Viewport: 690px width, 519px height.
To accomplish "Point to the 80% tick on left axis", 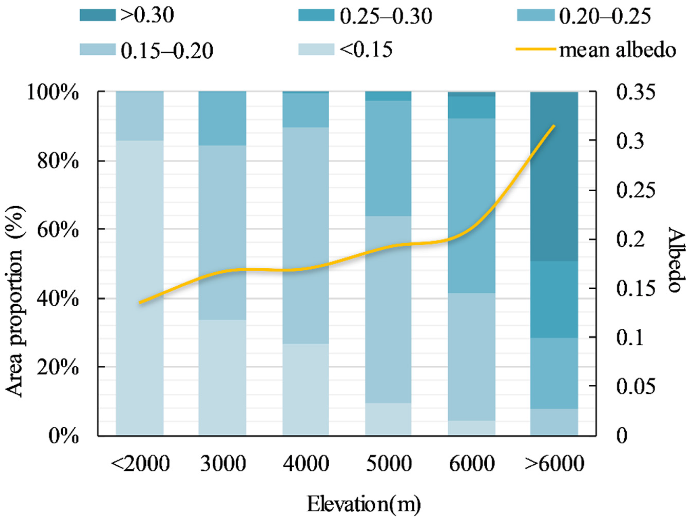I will point(57,162).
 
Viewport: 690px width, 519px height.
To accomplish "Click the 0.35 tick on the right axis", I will point(635,93).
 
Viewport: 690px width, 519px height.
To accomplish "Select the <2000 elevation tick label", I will point(140,464).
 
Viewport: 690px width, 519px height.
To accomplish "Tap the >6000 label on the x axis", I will point(554,464).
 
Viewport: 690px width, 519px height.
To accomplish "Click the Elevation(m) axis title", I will point(364,505).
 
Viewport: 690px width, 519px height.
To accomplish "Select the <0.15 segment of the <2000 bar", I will point(140,287).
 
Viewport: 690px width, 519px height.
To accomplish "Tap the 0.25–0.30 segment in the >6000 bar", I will point(554,300).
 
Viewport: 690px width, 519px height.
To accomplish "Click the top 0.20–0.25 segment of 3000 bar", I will point(222,118).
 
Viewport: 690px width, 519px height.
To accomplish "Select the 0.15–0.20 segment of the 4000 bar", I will point(305,235).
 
